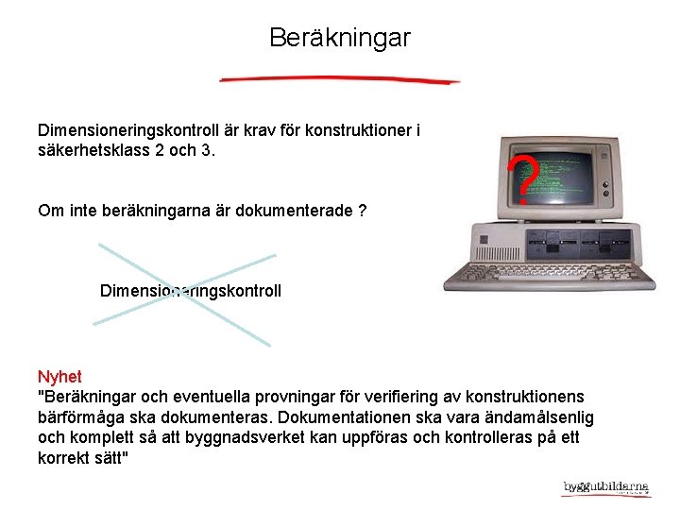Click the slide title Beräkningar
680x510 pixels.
(340, 38)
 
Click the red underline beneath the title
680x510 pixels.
(340, 79)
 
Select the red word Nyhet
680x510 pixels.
(59, 377)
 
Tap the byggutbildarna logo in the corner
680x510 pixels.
(606, 487)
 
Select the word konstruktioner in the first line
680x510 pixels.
(361, 130)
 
